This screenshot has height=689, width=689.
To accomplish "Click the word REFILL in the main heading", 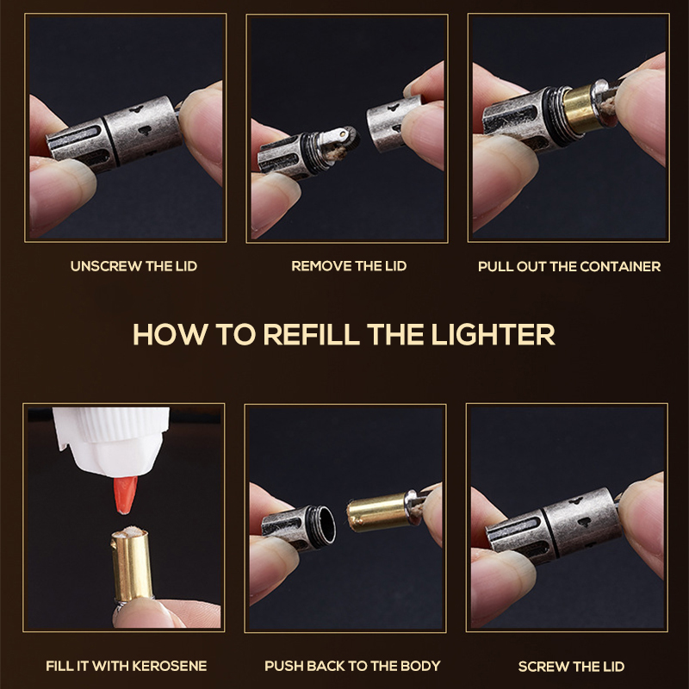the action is (312, 334).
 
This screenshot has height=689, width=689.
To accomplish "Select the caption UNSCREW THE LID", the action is (133, 266).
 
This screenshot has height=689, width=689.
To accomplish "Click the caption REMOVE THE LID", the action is (349, 266).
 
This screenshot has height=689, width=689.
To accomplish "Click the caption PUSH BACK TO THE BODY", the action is (352, 666).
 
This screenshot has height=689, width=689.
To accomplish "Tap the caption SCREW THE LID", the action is (571, 667).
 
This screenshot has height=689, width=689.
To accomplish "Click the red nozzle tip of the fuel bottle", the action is (125, 494).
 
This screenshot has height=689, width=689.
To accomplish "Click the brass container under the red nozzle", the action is (131, 565).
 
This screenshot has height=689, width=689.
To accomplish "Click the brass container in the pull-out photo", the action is (581, 109).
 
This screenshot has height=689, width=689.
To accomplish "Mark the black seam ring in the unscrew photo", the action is (111, 141).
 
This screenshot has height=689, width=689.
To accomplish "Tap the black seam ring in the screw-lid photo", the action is (550, 531).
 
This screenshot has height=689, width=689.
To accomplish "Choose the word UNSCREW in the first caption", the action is (105, 266).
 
